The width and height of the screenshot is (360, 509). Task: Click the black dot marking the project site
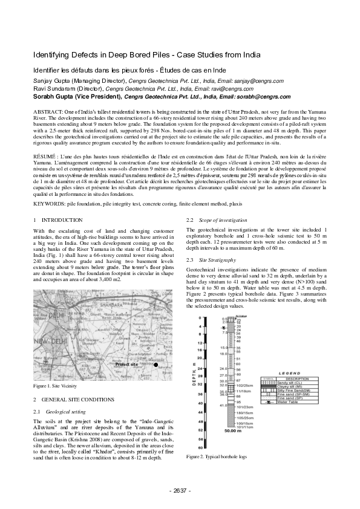tap(155, 365)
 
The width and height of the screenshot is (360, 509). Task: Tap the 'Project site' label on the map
tap(126, 365)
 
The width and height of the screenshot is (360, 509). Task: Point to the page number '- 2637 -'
tap(180, 489)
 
